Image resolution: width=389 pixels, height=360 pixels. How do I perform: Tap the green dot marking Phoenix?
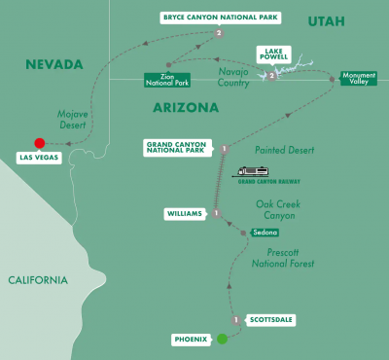coord(222,339)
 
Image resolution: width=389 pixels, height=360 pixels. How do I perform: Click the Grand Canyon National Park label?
coord(181,149)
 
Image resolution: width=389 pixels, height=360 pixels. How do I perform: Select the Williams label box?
coord(188,213)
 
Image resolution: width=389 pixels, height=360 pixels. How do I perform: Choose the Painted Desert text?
coord(287,149)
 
